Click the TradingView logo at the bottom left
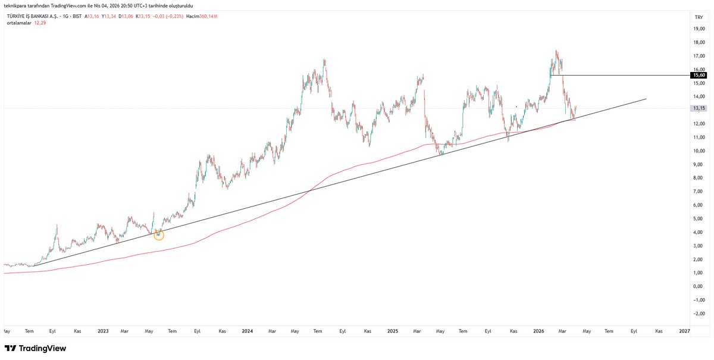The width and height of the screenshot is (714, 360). [35, 348]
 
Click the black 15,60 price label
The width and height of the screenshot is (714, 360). [698, 76]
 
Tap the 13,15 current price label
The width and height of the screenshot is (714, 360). [698, 108]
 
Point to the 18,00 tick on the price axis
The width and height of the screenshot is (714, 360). [698, 42]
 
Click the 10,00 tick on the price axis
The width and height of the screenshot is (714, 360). [698, 151]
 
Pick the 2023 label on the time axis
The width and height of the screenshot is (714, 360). [104, 331]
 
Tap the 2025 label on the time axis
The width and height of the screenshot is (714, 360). [392, 331]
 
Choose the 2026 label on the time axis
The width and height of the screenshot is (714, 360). [538, 331]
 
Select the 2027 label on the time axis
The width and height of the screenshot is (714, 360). [684, 331]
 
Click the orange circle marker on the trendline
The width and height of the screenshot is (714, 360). [158, 234]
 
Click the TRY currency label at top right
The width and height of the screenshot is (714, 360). [699, 18]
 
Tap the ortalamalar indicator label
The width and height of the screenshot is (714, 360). [18, 23]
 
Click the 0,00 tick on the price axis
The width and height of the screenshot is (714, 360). [698, 286]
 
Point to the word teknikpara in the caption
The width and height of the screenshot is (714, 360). [16, 5]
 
